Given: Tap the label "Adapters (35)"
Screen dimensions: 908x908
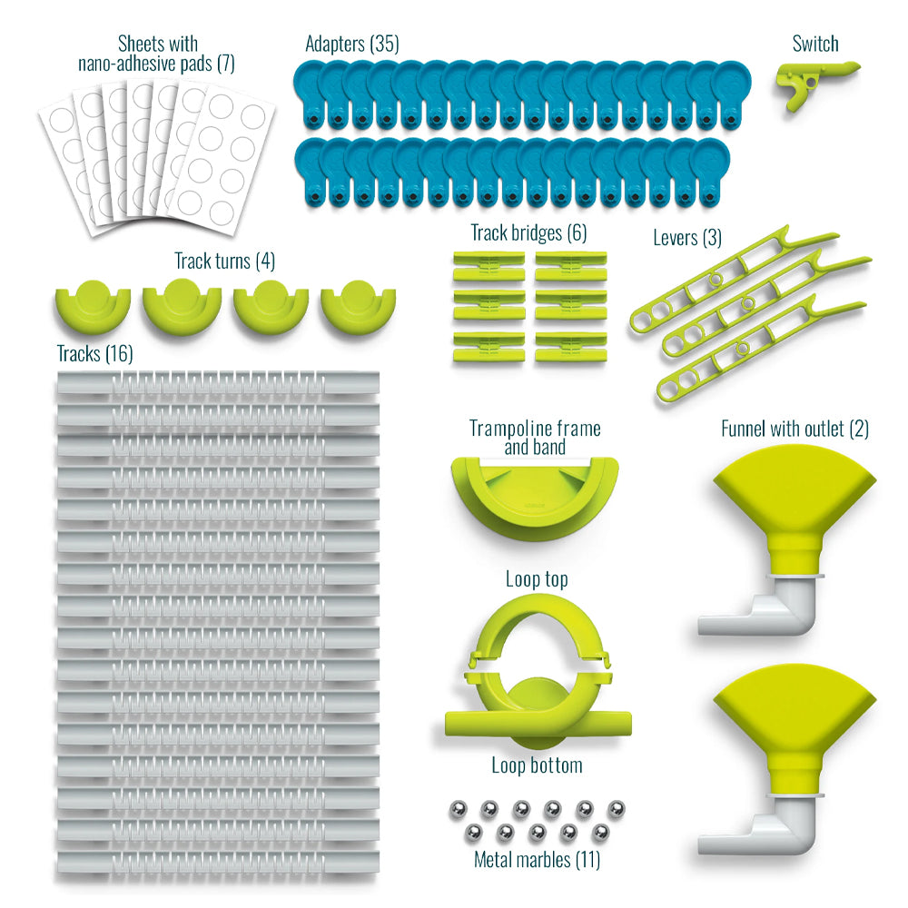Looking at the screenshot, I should pyautogui.click(x=351, y=44).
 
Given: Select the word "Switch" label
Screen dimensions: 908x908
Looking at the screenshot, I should pyautogui.click(x=814, y=44).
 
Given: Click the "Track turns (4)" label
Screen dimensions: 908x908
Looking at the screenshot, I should pyautogui.click(x=224, y=262).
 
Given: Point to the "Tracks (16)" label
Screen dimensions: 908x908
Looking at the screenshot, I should pyautogui.click(x=94, y=354).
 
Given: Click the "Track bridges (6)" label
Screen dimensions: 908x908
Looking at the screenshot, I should pyautogui.click(x=528, y=233).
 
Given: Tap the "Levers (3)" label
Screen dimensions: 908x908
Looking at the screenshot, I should pyautogui.click(x=687, y=238).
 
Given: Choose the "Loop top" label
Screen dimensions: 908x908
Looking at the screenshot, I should pyautogui.click(x=536, y=579).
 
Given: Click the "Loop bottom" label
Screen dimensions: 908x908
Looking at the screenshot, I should pyautogui.click(x=537, y=765).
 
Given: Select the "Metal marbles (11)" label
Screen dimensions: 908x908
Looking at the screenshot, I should pyautogui.click(x=537, y=858).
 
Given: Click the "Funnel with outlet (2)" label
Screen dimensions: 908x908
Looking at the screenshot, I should pyautogui.click(x=794, y=429).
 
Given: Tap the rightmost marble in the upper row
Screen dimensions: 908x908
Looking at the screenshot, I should pyautogui.click(x=617, y=805).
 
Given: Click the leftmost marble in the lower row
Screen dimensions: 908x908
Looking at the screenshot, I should pyautogui.click(x=472, y=831).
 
